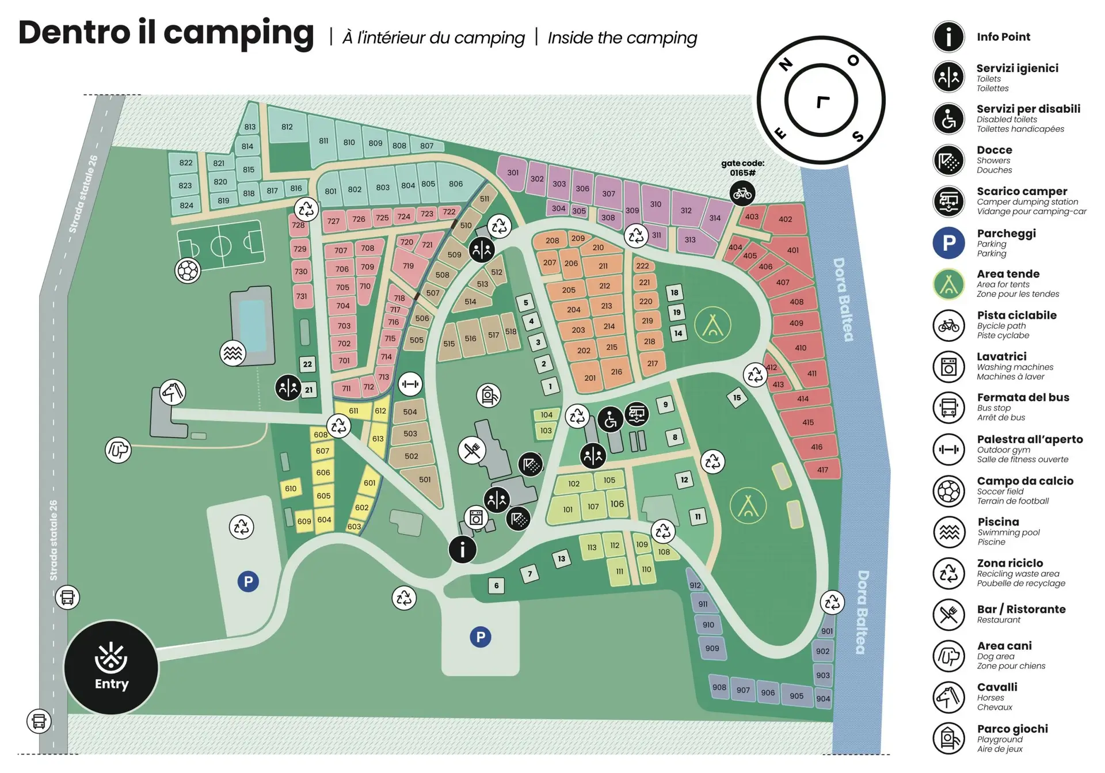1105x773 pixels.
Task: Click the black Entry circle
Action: [111, 668]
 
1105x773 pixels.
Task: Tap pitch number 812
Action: [287, 127]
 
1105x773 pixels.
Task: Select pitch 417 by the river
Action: [823, 470]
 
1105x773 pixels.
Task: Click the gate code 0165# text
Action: [742, 168]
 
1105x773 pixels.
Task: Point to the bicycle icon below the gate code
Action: [742, 193]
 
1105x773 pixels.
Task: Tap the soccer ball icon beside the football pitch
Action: [188, 271]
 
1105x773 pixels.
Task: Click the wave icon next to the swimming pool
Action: [233, 353]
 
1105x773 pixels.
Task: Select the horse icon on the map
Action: [173, 392]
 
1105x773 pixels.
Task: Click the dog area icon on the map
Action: [118, 450]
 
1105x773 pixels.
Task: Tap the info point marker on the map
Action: [462, 549]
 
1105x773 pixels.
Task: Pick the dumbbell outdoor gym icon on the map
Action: [410, 384]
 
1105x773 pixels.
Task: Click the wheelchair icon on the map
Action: [610, 420]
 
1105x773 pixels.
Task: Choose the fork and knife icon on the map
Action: [472, 450]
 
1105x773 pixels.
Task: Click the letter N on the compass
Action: [786, 64]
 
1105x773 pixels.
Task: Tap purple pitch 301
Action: [513, 172]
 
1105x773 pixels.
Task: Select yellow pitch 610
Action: [291, 489]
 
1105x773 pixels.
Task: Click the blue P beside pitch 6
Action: [481, 637]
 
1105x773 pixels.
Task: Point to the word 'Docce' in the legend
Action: [994, 150]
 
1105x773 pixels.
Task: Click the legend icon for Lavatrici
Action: [948, 366]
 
